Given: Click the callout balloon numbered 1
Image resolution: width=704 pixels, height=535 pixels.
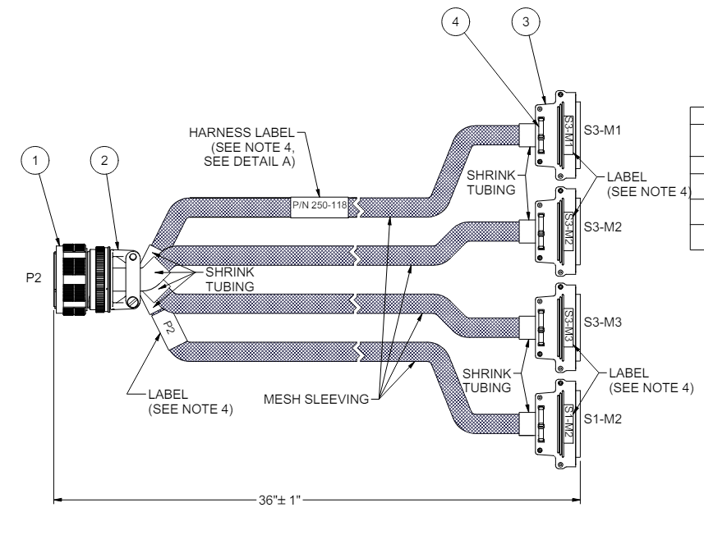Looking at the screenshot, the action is pyautogui.click(x=35, y=160).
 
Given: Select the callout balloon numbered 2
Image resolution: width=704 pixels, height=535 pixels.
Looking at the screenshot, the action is pyautogui.click(x=104, y=160).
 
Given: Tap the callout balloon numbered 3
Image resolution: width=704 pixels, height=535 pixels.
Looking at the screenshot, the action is pyautogui.click(x=526, y=21).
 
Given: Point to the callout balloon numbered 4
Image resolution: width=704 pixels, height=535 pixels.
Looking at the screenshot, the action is pyautogui.click(x=456, y=21).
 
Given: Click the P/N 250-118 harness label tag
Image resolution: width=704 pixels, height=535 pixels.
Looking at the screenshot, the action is pyautogui.click(x=320, y=207).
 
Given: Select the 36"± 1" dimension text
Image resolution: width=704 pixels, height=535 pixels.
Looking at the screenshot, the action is pyautogui.click(x=279, y=500).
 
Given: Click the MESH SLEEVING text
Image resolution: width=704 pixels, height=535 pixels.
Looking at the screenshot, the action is pyautogui.click(x=316, y=399).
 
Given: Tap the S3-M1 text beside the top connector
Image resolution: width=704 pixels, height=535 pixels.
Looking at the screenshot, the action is pyautogui.click(x=602, y=130).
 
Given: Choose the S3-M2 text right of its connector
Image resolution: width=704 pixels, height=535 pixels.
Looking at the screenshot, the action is pyautogui.click(x=602, y=227).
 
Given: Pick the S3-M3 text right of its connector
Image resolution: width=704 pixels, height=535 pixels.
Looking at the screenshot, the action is pyautogui.click(x=602, y=322).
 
